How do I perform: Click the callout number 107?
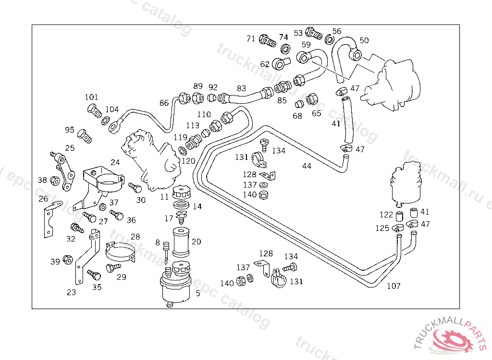pos(394,287)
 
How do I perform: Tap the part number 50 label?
pos(364,41)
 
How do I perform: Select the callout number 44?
pos(307,166)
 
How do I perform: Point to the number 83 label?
pos(241,88)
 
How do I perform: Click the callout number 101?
pos(91,97)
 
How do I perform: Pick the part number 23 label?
pos(71,292)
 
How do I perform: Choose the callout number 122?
pos(386,215)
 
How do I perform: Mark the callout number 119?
pos(180,137)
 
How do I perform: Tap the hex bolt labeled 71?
pos(267,40)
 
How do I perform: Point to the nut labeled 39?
pos(68,260)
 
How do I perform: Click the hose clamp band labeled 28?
pos(120,252)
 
